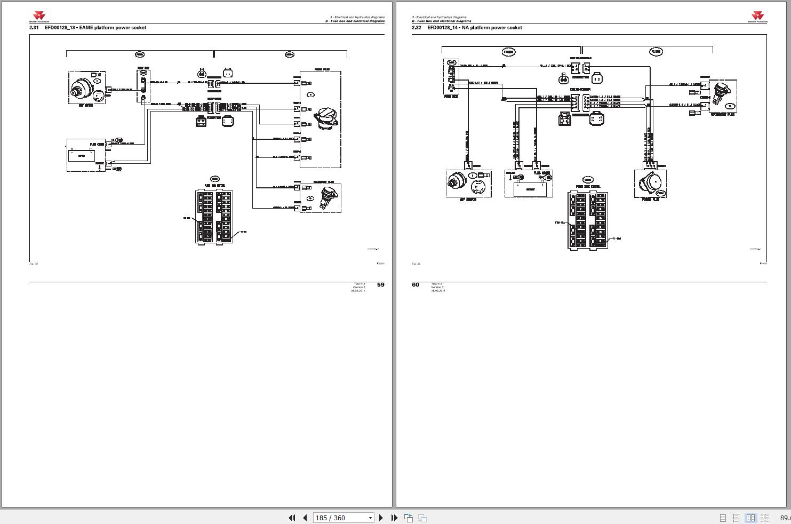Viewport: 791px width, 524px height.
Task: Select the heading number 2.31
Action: (x=34, y=28)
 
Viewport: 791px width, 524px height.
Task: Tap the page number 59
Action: (x=380, y=284)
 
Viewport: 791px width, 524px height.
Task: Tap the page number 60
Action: (x=416, y=284)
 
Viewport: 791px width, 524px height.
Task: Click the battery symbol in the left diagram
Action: (x=82, y=155)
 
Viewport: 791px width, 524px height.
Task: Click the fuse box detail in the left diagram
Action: (x=214, y=217)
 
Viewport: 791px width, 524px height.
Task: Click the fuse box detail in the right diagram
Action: (x=587, y=220)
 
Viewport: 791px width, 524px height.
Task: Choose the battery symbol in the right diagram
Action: (x=528, y=188)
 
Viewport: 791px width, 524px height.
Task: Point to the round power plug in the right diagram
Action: (x=650, y=184)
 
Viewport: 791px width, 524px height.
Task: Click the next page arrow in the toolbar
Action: (x=381, y=518)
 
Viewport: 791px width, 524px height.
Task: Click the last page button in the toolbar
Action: (x=394, y=518)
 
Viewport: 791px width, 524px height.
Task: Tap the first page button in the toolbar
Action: (x=292, y=518)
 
